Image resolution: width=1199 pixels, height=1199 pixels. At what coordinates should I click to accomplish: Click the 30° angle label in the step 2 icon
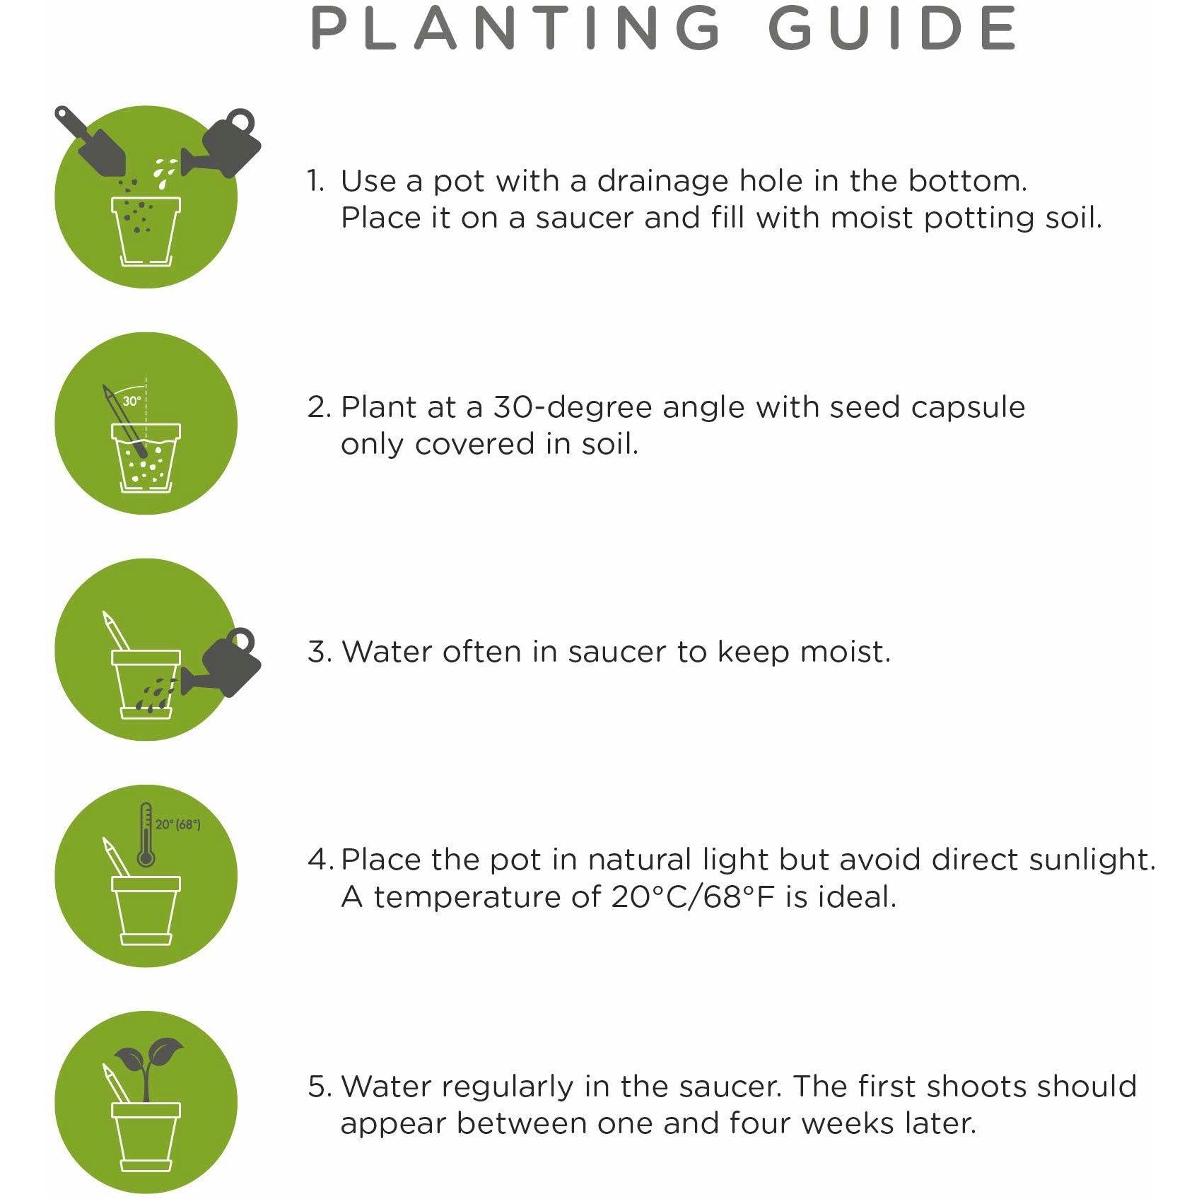[x=131, y=401]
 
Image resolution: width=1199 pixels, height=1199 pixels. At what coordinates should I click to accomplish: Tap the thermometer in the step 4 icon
[x=146, y=835]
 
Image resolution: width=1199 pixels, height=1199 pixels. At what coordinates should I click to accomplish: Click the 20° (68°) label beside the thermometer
[x=178, y=824]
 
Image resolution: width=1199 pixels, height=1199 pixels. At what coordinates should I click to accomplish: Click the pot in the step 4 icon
[x=146, y=911]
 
